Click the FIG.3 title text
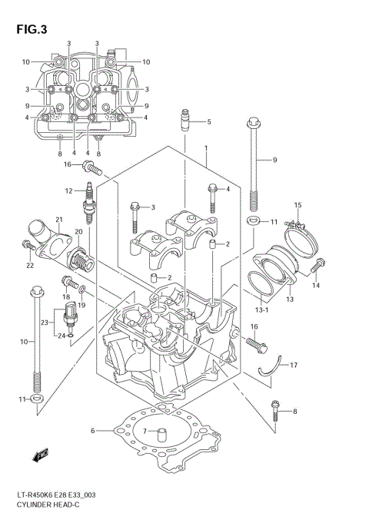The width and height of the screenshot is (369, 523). (31, 30)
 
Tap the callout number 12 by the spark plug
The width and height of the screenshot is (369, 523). (68, 190)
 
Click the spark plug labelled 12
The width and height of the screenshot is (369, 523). (89, 201)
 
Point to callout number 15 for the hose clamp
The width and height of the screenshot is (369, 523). (298, 205)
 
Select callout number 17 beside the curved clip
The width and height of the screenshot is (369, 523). (294, 365)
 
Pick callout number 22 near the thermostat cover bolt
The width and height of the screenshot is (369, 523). (31, 266)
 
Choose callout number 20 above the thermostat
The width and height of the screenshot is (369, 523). (79, 232)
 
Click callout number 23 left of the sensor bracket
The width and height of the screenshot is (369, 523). (45, 322)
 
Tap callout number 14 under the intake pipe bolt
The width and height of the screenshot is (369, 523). (315, 286)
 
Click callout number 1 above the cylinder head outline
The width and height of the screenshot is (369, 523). (206, 147)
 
